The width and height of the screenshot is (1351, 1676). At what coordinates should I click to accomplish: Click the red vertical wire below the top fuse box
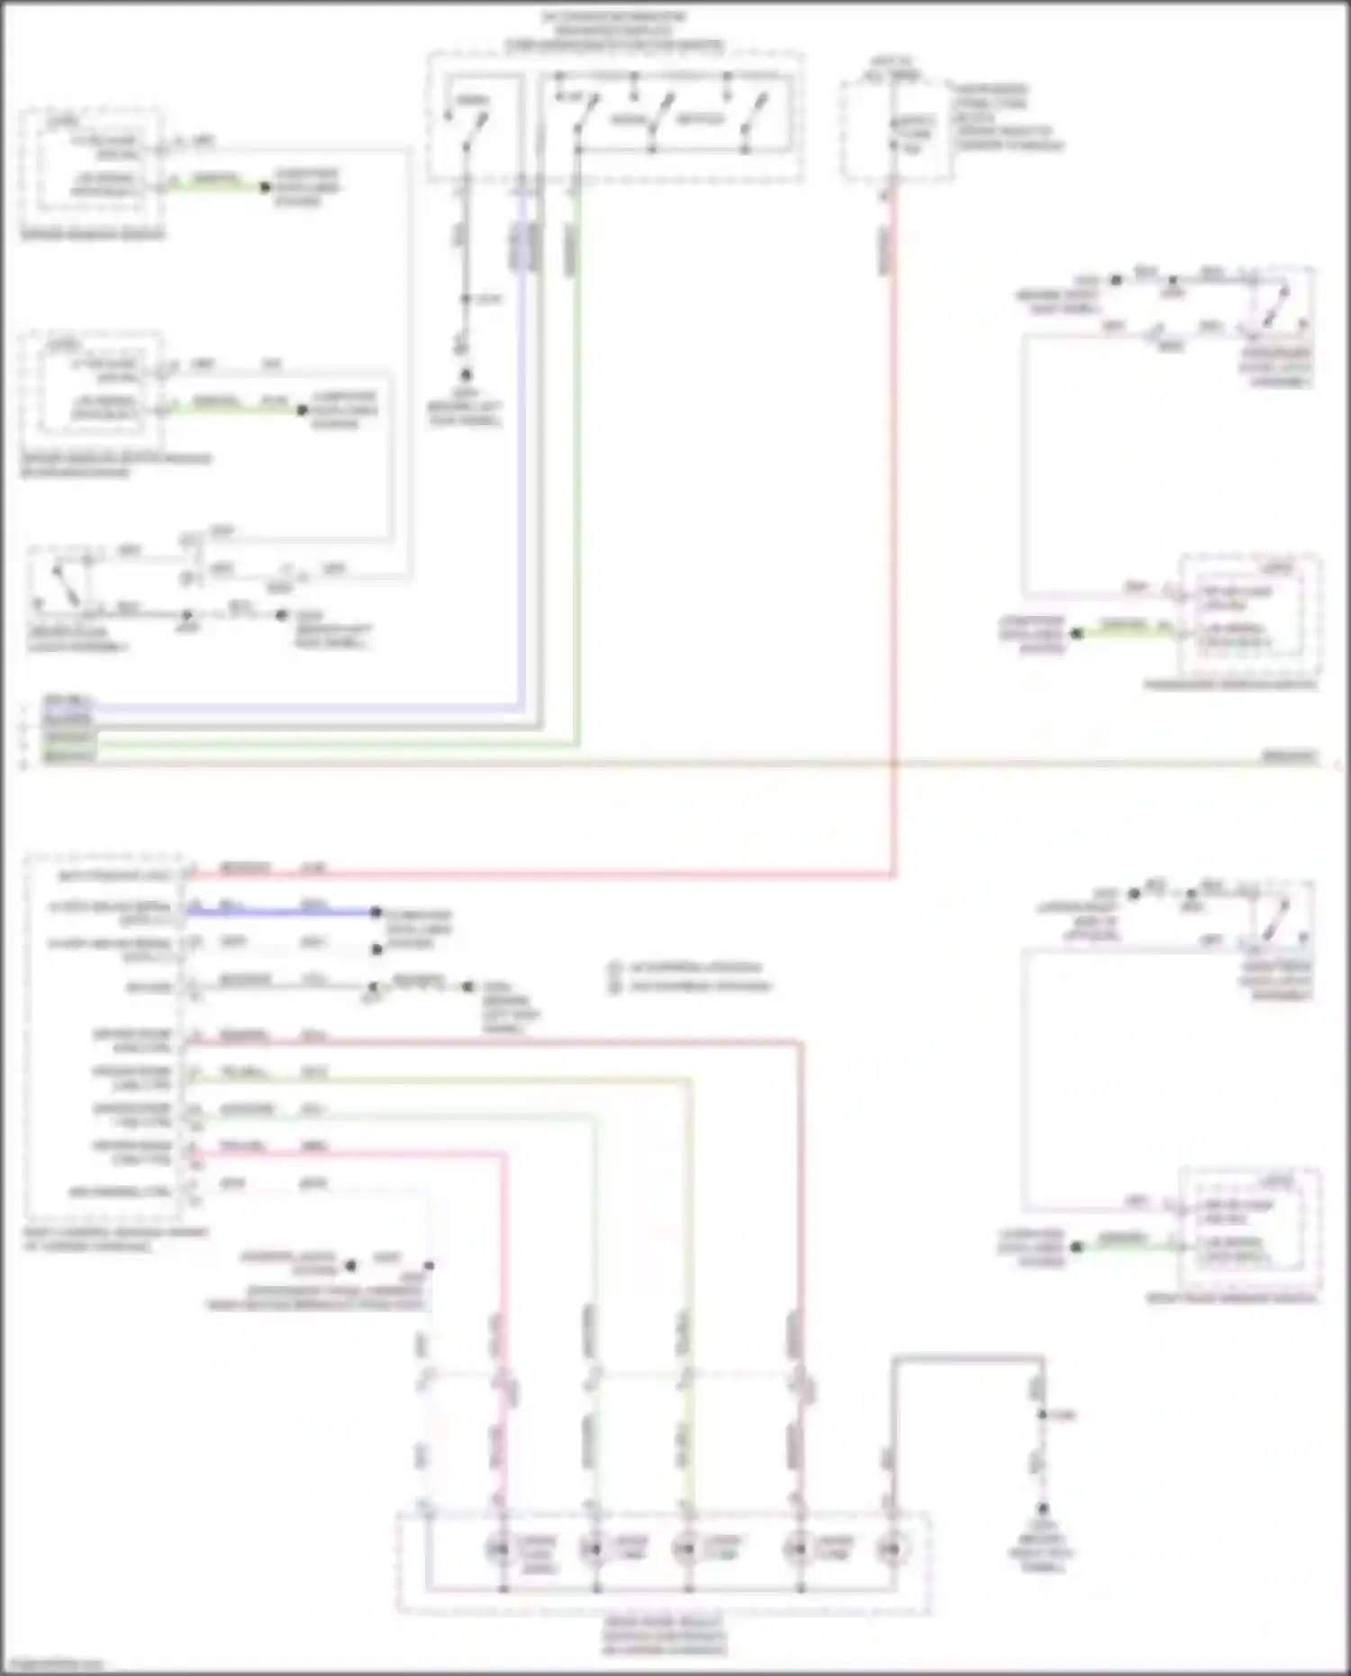tap(893, 540)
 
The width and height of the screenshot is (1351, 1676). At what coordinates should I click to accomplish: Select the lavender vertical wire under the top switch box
tap(522, 450)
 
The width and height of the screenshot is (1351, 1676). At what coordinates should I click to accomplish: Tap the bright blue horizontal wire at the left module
tap(279, 912)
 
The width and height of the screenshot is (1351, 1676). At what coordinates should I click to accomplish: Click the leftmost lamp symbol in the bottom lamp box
tap(498, 1549)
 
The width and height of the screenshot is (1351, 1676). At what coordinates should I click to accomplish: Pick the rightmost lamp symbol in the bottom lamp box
tap(890, 1549)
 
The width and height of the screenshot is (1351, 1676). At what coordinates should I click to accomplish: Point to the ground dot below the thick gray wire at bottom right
tap(1042, 1507)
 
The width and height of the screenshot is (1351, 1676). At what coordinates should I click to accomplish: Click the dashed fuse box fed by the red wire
tap(896, 131)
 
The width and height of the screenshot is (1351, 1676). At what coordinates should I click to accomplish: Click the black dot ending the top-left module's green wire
tap(265, 187)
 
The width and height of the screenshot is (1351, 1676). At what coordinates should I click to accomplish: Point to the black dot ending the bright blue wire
tap(376, 912)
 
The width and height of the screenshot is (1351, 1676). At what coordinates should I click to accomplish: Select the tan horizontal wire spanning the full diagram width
tap(675, 764)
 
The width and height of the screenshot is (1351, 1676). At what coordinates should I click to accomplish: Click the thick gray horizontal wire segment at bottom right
tap(968, 1358)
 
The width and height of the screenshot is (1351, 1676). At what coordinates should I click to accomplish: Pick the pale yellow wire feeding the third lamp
tap(689, 1261)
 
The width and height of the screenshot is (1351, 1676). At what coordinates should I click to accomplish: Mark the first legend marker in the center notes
tap(615, 968)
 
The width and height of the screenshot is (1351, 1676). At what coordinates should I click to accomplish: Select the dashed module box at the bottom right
tap(1249, 1231)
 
